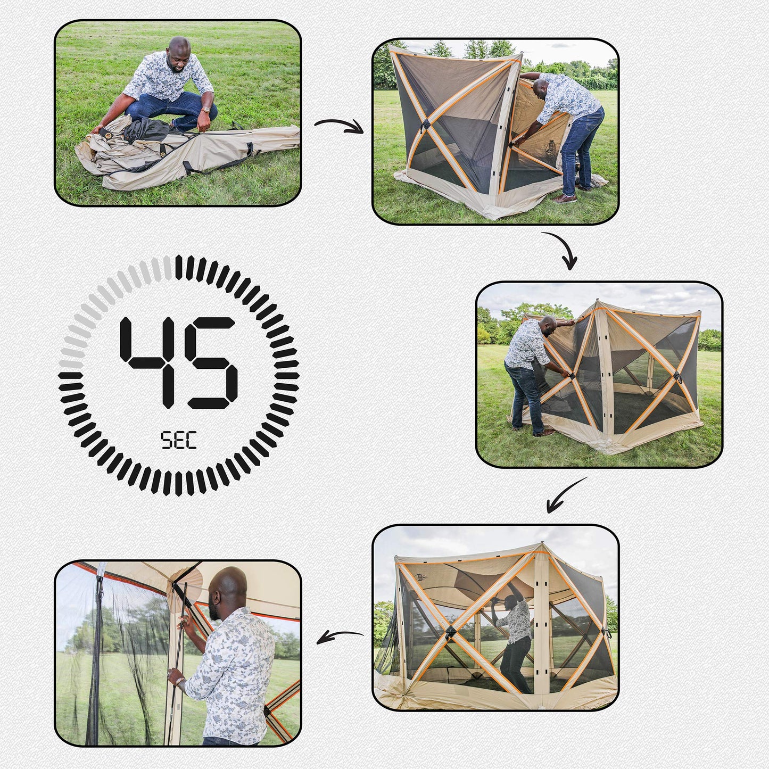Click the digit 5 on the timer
(211, 362)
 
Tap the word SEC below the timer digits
(178, 441)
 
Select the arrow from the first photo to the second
(339, 126)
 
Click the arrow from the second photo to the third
(565, 247)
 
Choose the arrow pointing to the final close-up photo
(339, 636)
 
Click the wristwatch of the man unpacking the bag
(205, 110)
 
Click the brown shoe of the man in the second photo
(564, 199)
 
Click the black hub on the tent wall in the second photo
(425, 125)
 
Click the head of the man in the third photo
(548, 326)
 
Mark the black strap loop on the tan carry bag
(250, 148)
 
